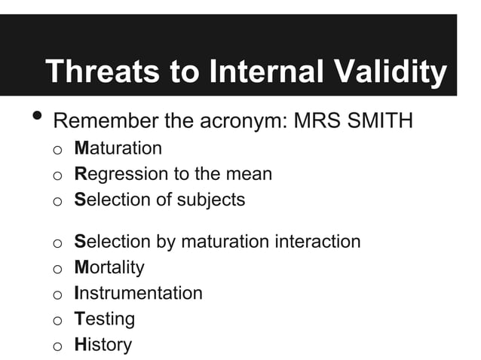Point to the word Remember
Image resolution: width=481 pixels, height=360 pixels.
tap(111, 121)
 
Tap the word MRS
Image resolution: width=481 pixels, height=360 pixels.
tap(311, 121)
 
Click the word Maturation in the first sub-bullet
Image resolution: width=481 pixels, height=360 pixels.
tap(118, 148)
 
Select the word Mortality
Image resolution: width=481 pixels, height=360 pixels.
tap(109, 267)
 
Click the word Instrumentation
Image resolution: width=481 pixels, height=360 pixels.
tap(139, 293)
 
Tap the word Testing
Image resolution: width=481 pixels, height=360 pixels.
tap(105, 319)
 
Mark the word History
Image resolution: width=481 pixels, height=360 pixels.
tap(103, 345)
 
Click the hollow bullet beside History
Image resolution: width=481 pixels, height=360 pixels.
tap(57, 346)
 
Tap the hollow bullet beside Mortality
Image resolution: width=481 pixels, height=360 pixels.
tap(57, 268)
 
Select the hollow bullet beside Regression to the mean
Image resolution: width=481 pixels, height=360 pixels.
tap(57, 175)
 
